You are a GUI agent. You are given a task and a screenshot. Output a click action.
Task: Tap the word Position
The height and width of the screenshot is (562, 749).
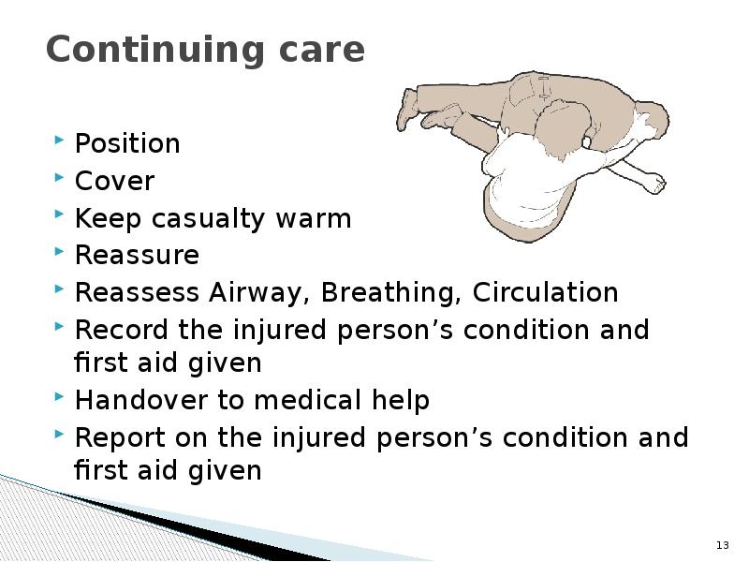pyautogui.click(x=127, y=144)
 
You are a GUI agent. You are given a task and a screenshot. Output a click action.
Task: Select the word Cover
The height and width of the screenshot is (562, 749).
pyautogui.click(x=114, y=182)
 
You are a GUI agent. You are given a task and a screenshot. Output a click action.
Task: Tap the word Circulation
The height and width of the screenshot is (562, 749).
pyautogui.click(x=545, y=293)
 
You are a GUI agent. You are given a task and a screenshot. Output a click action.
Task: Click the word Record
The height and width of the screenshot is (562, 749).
pyautogui.click(x=121, y=331)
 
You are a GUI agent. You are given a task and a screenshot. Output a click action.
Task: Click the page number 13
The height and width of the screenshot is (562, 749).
pyautogui.click(x=722, y=545)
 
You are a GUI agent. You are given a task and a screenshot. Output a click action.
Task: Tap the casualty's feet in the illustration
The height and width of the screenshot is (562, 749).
pyautogui.click(x=408, y=109)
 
